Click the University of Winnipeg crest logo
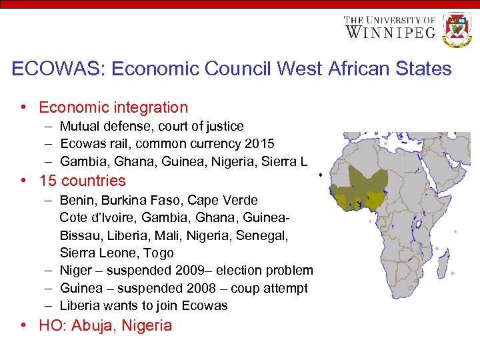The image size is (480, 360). [x=457, y=30]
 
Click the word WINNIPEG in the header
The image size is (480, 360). [x=390, y=31]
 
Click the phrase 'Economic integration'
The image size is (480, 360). [x=113, y=107]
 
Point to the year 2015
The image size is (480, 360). [x=259, y=143]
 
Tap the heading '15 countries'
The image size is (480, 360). [x=82, y=181]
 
